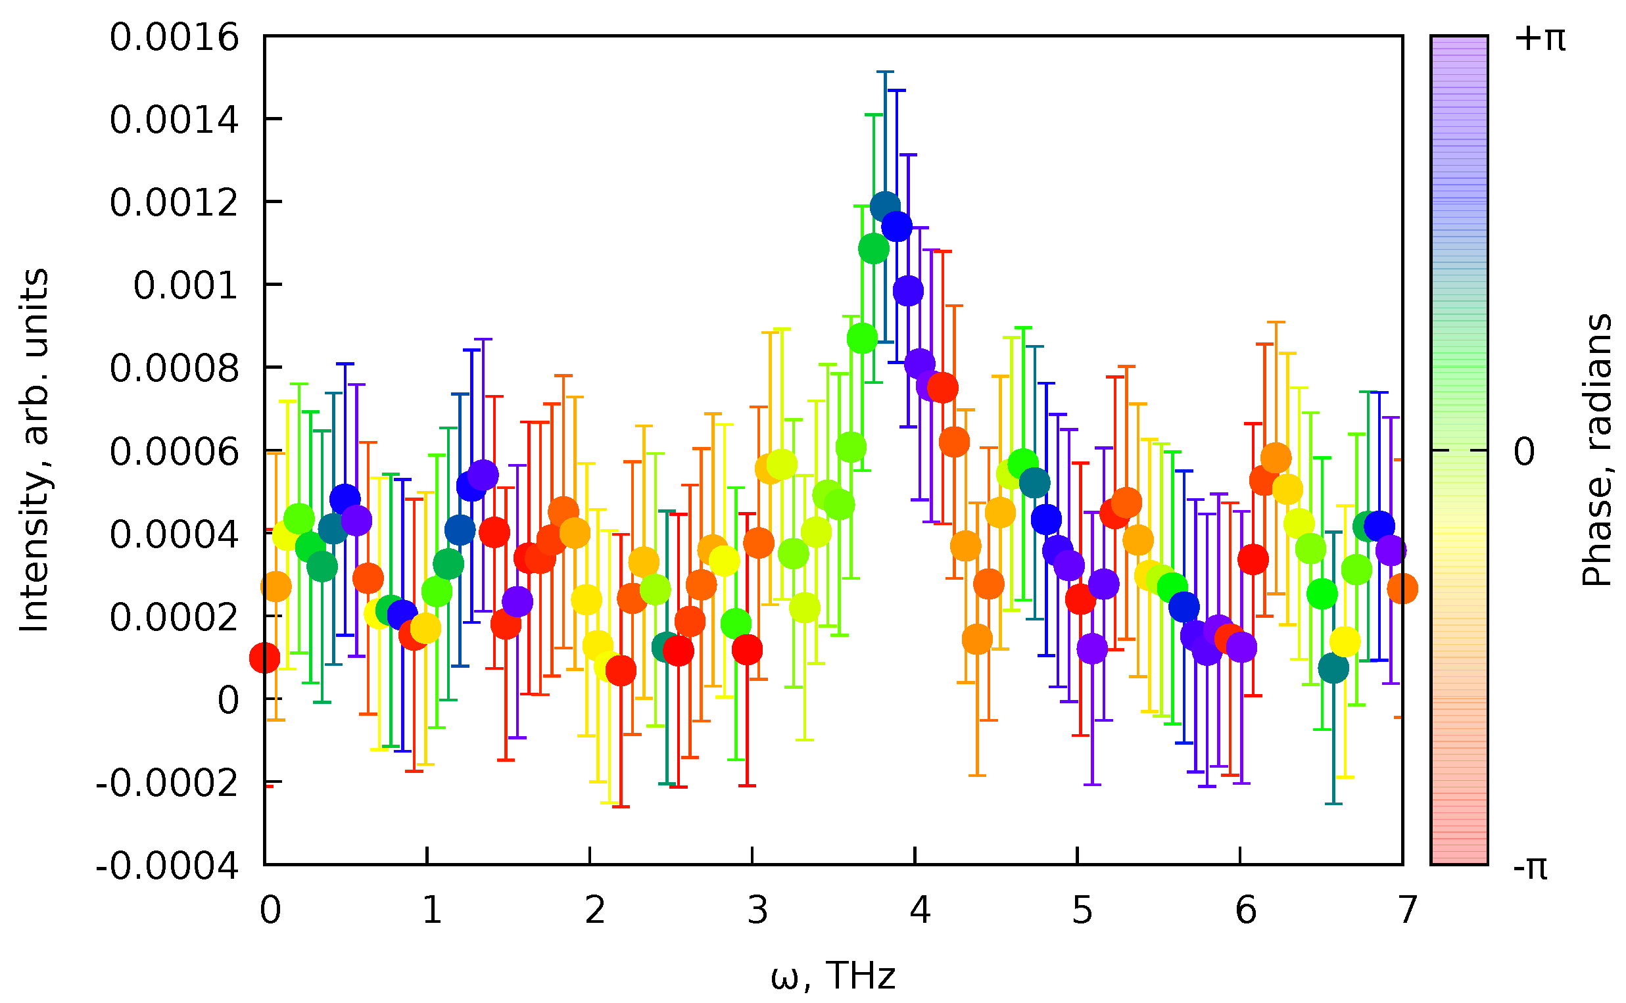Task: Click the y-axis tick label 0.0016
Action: click(x=174, y=38)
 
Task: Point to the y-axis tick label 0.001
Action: click(x=185, y=287)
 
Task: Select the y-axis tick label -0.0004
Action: click(x=166, y=867)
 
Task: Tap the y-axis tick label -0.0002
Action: click(x=166, y=784)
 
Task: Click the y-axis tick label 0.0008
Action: click(x=174, y=369)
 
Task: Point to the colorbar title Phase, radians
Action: click(x=1596, y=451)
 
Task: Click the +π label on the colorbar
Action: click(x=1539, y=39)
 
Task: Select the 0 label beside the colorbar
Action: click(x=1524, y=453)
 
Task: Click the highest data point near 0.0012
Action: click(x=885, y=207)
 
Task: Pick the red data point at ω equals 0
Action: click(x=265, y=658)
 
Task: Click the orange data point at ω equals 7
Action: click(x=1402, y=588)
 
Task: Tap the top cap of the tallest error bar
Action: click(x=885, y=72)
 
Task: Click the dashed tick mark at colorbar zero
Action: click(x=1460, y=450)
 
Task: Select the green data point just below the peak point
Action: click(x=873, y=248)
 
